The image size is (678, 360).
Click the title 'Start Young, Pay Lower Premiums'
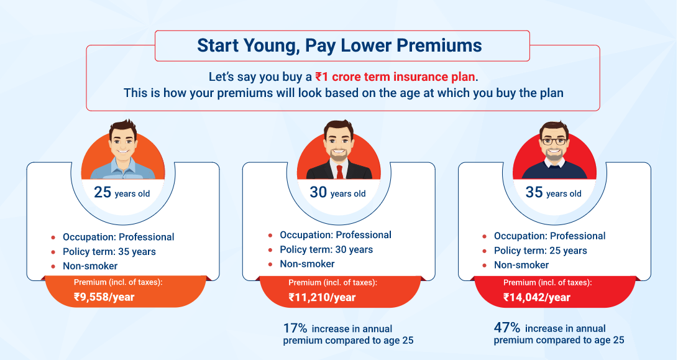pos(339,45)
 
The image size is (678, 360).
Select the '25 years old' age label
pos(122,193)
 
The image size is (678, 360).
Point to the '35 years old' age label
pos(553,193)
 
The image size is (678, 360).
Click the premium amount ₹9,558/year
pos(104,297)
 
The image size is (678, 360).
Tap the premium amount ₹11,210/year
pos(322,297)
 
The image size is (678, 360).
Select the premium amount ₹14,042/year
pos(537,297)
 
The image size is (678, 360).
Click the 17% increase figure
pos(295,328)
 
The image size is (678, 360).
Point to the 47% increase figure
pos(507,328)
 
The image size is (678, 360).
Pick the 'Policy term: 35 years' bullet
pos(109,252)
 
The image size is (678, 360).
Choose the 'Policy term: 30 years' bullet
pos(326,250)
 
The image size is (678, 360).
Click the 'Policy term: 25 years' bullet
pos(540,251)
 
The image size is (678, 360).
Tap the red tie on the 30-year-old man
pos(339,171)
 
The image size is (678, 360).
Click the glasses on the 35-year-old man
pos(554,141)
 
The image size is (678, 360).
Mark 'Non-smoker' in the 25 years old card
pos(90,266)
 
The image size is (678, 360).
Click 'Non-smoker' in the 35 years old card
pos(521,265)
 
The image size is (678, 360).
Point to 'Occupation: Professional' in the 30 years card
pos(336,235)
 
